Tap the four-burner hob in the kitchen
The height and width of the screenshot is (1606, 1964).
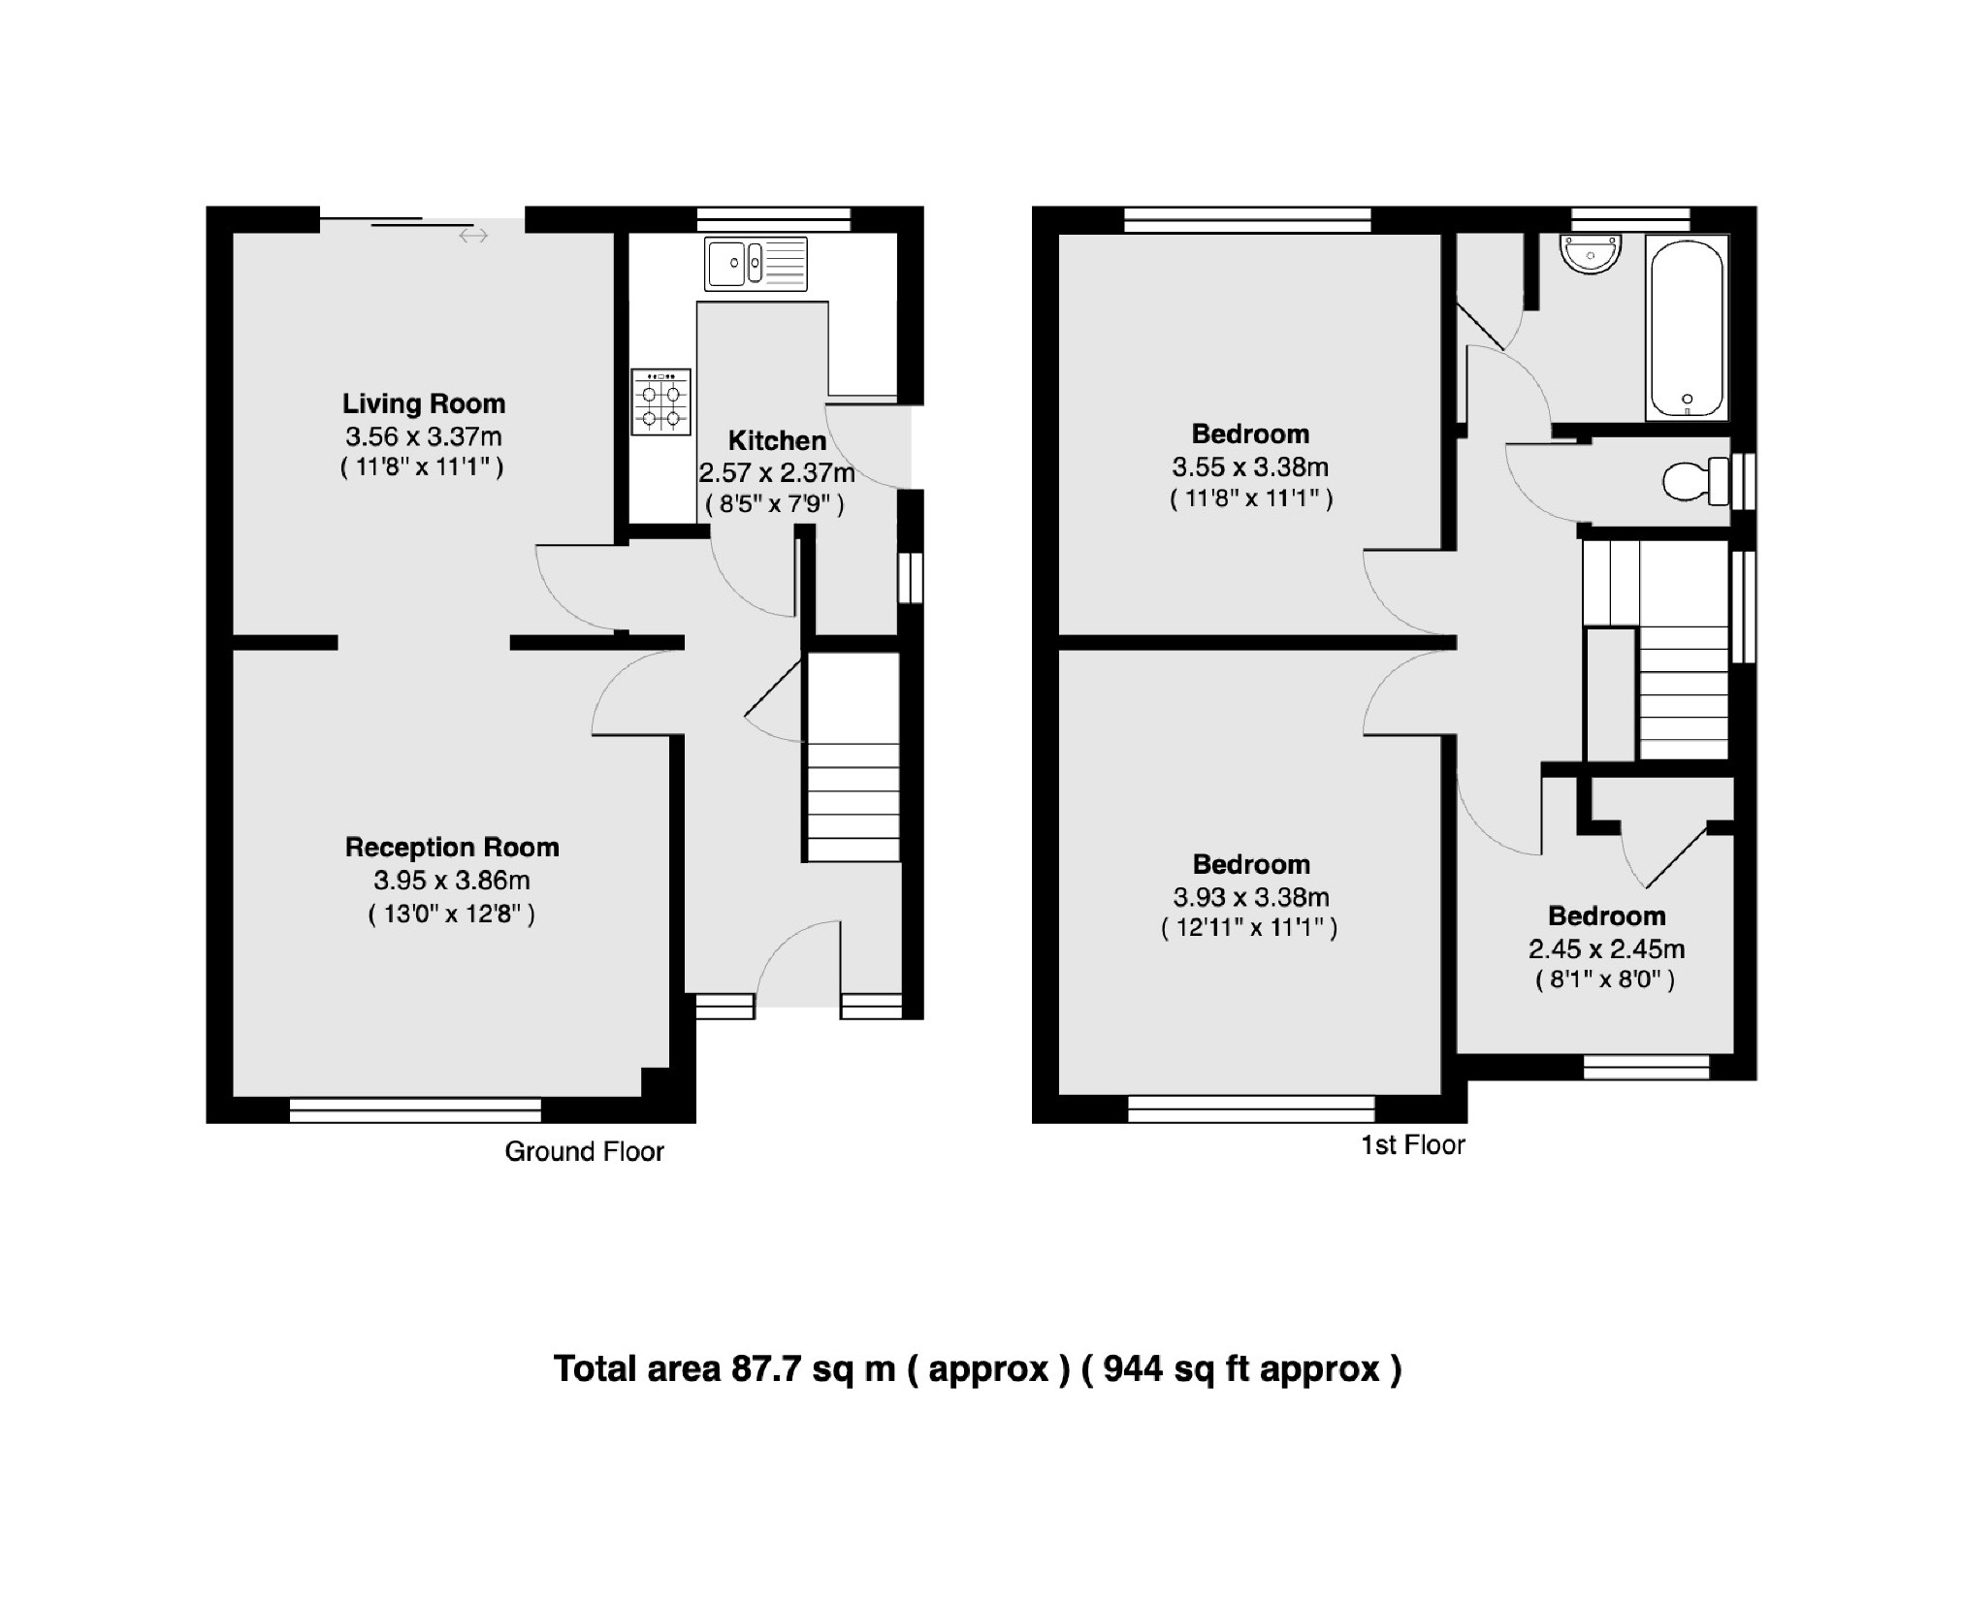tap(660, 401)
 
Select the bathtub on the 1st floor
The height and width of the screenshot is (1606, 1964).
tap(1687, 330)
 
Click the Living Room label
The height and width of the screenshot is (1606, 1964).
tap(424, 403)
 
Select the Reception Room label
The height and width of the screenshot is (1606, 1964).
tap(452, 848)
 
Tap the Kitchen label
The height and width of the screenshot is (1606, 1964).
tap(777, 440)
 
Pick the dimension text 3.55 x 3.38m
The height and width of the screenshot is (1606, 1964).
tap(1249, 467)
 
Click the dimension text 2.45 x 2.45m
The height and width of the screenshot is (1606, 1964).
tap(1606, 949)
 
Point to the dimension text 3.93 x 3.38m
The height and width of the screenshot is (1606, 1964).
tap(1250, 897)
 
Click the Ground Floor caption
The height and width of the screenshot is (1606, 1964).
tap(584, 1152)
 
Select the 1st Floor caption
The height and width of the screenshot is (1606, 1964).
tap(1412, 1145)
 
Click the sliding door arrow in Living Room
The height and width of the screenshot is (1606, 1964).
tap(473, 236)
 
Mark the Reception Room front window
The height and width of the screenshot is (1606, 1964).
tap(415, 1109)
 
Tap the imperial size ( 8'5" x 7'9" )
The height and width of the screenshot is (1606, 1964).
tap(774, 504)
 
